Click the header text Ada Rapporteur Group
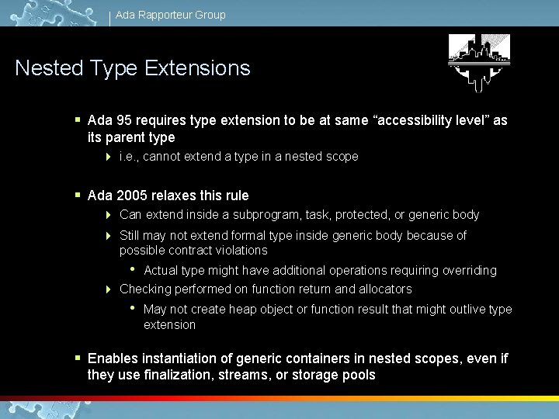click(171, 15)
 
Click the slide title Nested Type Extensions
click(133, 68)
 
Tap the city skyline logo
click(479, 63)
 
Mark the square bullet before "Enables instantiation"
click(78, 358)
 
